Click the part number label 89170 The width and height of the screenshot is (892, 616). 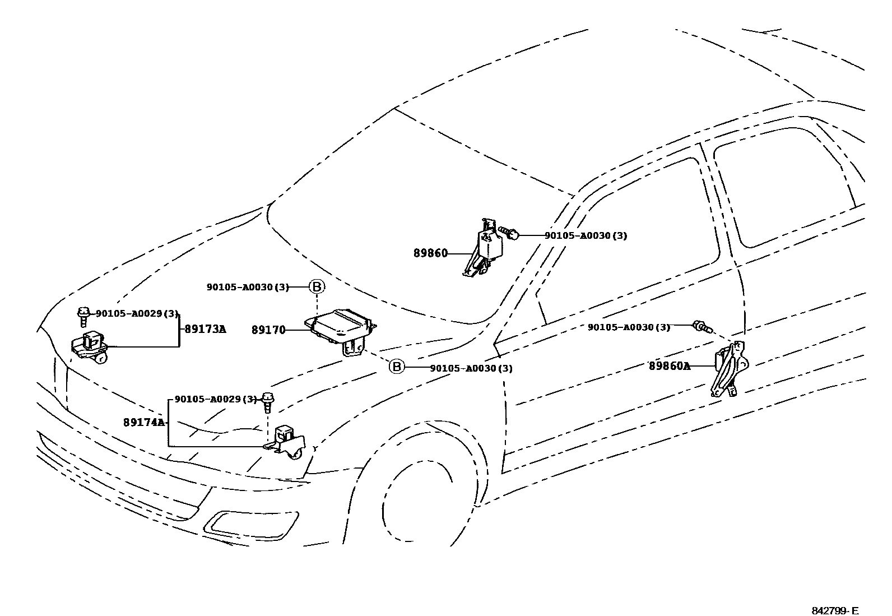tap(268, 330)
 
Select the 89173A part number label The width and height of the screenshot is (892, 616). tap(205, 329)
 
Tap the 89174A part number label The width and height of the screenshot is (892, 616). tap(144, 422)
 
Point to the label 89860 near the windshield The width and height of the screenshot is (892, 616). tap(430, 253)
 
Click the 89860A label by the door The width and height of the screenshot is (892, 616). tap(669, 366)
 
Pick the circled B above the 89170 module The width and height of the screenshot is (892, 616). tap(317, 287)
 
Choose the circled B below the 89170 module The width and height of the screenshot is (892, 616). tap(396, 367)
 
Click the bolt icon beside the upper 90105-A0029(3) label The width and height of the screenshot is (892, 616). tap(83, 316)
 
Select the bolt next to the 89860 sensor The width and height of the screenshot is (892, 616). tap(509, 233)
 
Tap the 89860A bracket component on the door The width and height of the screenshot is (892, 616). tap(728, 368)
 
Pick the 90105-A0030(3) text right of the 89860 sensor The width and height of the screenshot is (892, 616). tap(586, 236)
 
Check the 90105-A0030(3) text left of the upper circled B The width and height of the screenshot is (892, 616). tap(247, 287)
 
